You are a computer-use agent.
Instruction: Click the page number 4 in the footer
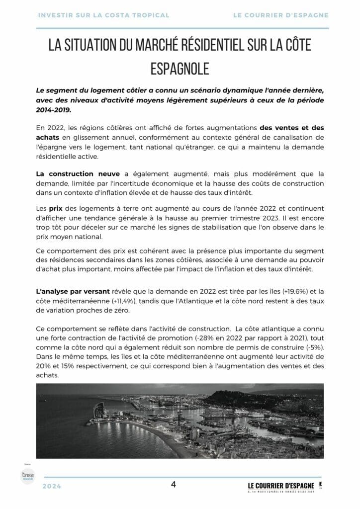tap(173, 484)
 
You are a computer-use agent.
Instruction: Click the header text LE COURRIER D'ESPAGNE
tap(280, 15)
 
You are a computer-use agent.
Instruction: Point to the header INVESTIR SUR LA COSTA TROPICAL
tap(103, 15)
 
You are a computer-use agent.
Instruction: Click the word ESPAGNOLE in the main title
tap(180, 69)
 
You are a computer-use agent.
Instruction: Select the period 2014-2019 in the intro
tap(54, 110)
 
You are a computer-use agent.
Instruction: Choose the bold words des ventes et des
tap(291, 127)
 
